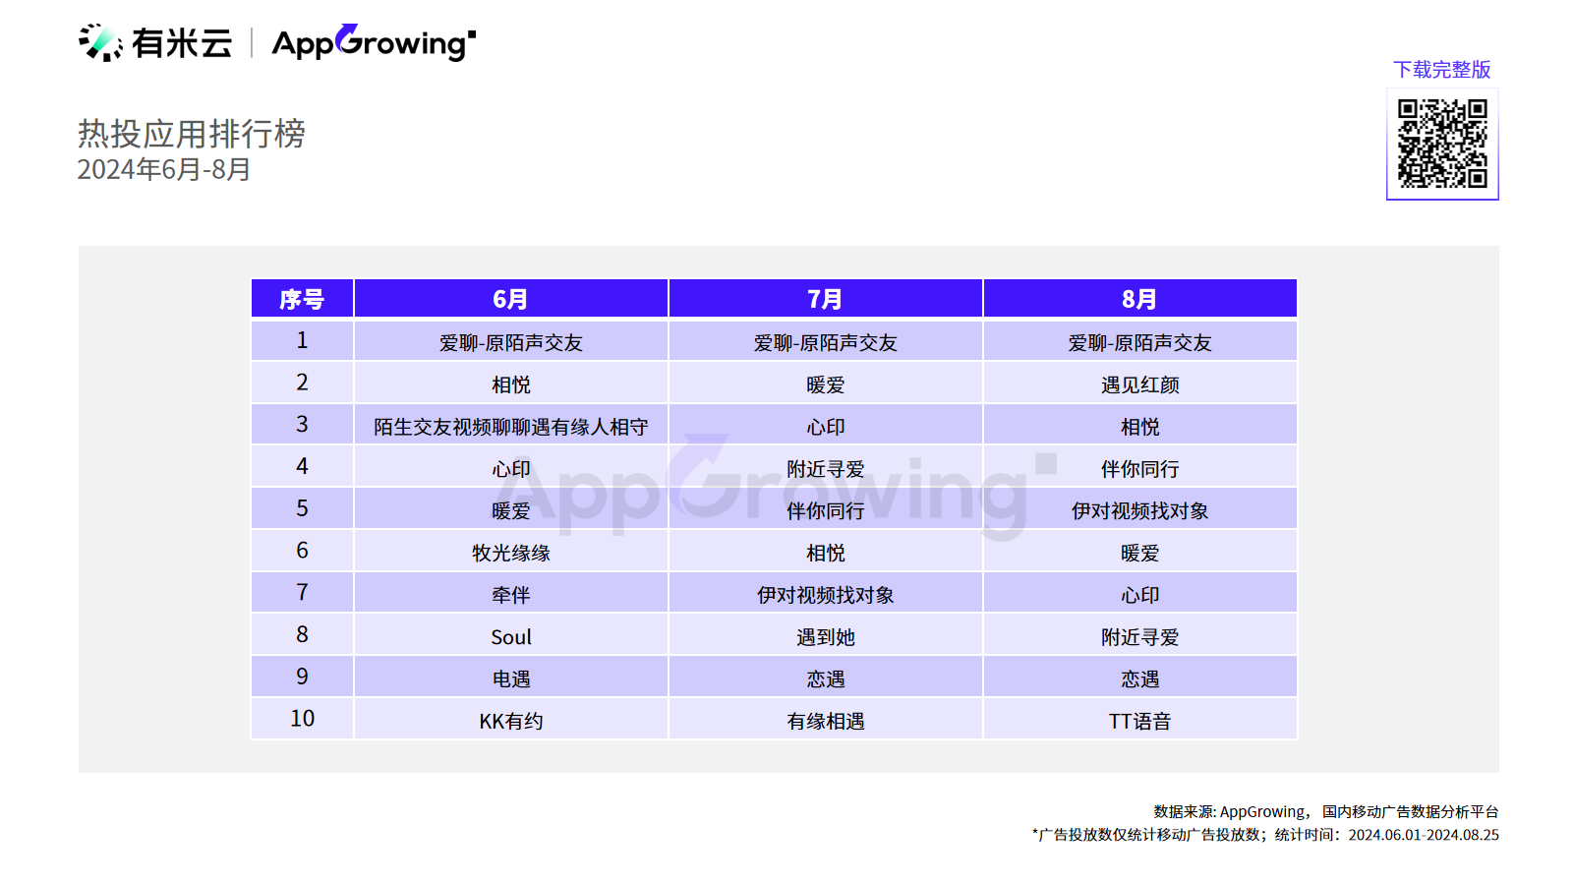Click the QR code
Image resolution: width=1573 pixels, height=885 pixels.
point(1441,144)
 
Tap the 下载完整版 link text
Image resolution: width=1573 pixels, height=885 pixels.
point(1441,70)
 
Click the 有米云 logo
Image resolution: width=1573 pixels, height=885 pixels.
point(155,43)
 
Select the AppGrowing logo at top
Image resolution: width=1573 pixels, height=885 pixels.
point(374,43)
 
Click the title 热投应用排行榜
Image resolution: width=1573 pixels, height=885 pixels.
point(191,134)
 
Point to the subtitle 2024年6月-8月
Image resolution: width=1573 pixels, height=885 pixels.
point(163,169)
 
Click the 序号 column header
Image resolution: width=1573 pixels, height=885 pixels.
point(302,299)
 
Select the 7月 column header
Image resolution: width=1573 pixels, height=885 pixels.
point(825,299)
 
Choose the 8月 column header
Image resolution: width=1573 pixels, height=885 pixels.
point(1139,299)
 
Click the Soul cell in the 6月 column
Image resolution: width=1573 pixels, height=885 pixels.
point(511,637)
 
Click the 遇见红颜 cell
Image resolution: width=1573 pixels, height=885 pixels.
point(1139,384)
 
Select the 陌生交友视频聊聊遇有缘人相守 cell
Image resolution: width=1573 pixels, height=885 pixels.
point(511,427)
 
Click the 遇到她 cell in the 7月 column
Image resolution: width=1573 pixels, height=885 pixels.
point(825,637)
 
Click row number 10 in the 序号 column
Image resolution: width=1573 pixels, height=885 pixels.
point(302,719)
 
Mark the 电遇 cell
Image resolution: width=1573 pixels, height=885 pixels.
point(511,679)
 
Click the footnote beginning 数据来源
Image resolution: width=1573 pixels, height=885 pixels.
point(1326,812)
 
